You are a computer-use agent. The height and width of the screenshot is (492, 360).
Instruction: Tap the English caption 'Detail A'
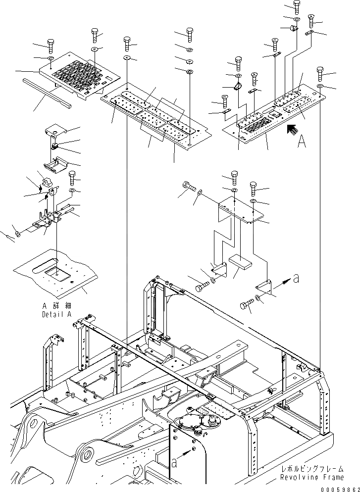[x=56, y=314]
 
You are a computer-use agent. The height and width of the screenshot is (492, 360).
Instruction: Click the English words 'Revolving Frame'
[x=311, y=477]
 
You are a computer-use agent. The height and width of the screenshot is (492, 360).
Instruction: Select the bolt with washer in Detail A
[x=72, y=179]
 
